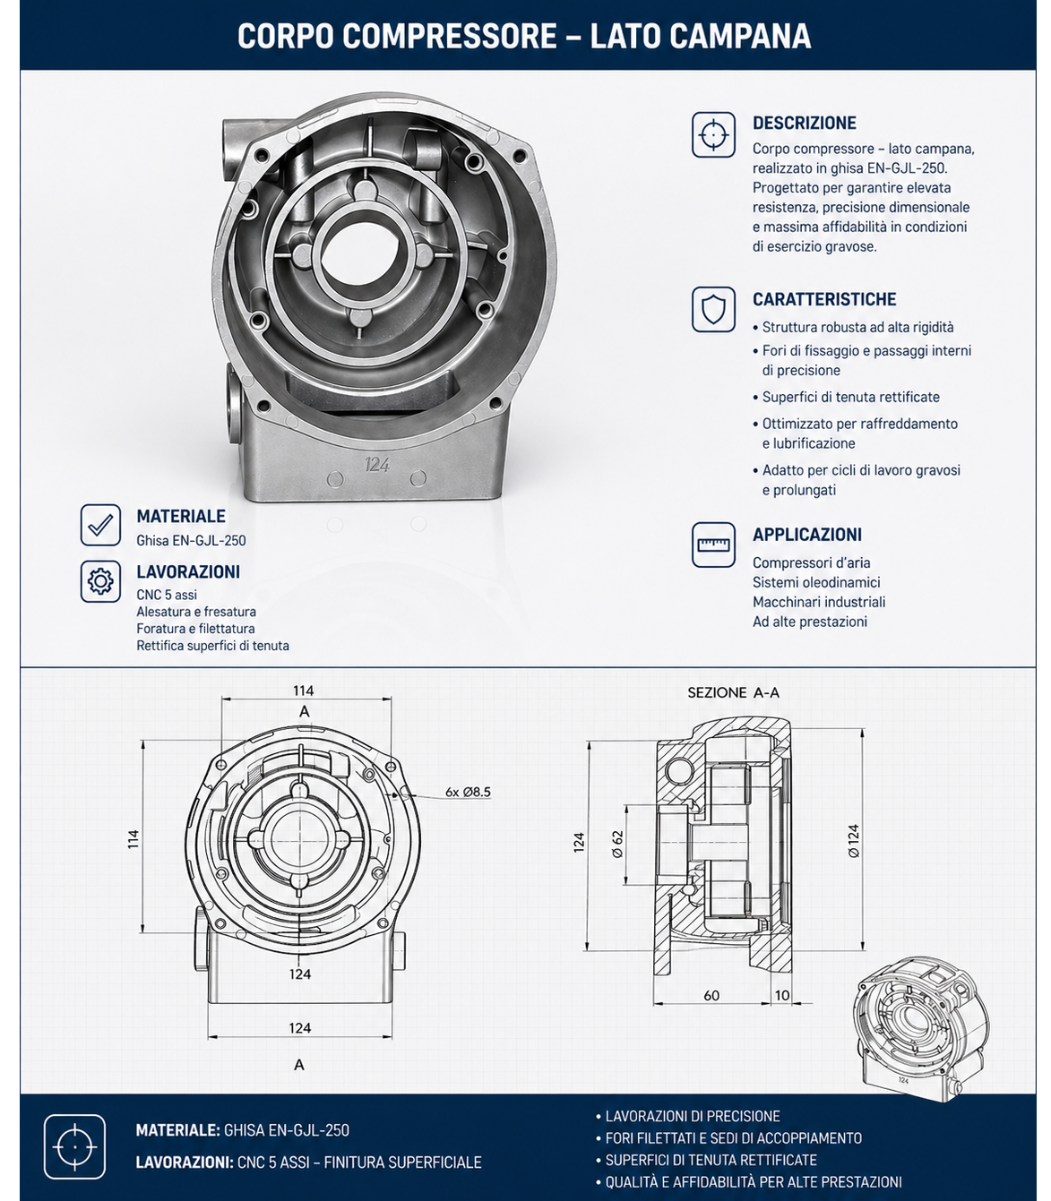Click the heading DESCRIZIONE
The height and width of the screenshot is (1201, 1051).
point(804,123)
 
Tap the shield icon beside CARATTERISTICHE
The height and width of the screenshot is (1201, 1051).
point(713,309)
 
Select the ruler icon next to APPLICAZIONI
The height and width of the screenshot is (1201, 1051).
point(713,545)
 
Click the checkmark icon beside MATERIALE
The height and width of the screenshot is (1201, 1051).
point(100,524)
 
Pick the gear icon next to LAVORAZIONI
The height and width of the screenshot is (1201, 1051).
point(100,581)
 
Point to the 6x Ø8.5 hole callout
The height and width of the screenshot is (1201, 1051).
point(468,792)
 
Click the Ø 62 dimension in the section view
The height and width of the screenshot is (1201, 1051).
point(617,845)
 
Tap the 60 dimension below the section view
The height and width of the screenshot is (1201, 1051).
point(711,995)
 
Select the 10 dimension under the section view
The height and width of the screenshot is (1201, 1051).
point(781,995)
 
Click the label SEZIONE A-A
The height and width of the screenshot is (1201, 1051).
point(733,692)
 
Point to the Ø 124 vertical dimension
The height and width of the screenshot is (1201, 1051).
point(853,841)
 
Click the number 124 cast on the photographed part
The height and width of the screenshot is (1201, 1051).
point(377,465)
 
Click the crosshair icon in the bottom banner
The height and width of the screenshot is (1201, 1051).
point(74,1146)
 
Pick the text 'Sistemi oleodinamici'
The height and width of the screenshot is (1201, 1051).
point(816,582)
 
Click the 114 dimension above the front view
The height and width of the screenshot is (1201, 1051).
point(304,691)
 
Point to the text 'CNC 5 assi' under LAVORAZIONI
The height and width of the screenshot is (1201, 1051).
point(167,595)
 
